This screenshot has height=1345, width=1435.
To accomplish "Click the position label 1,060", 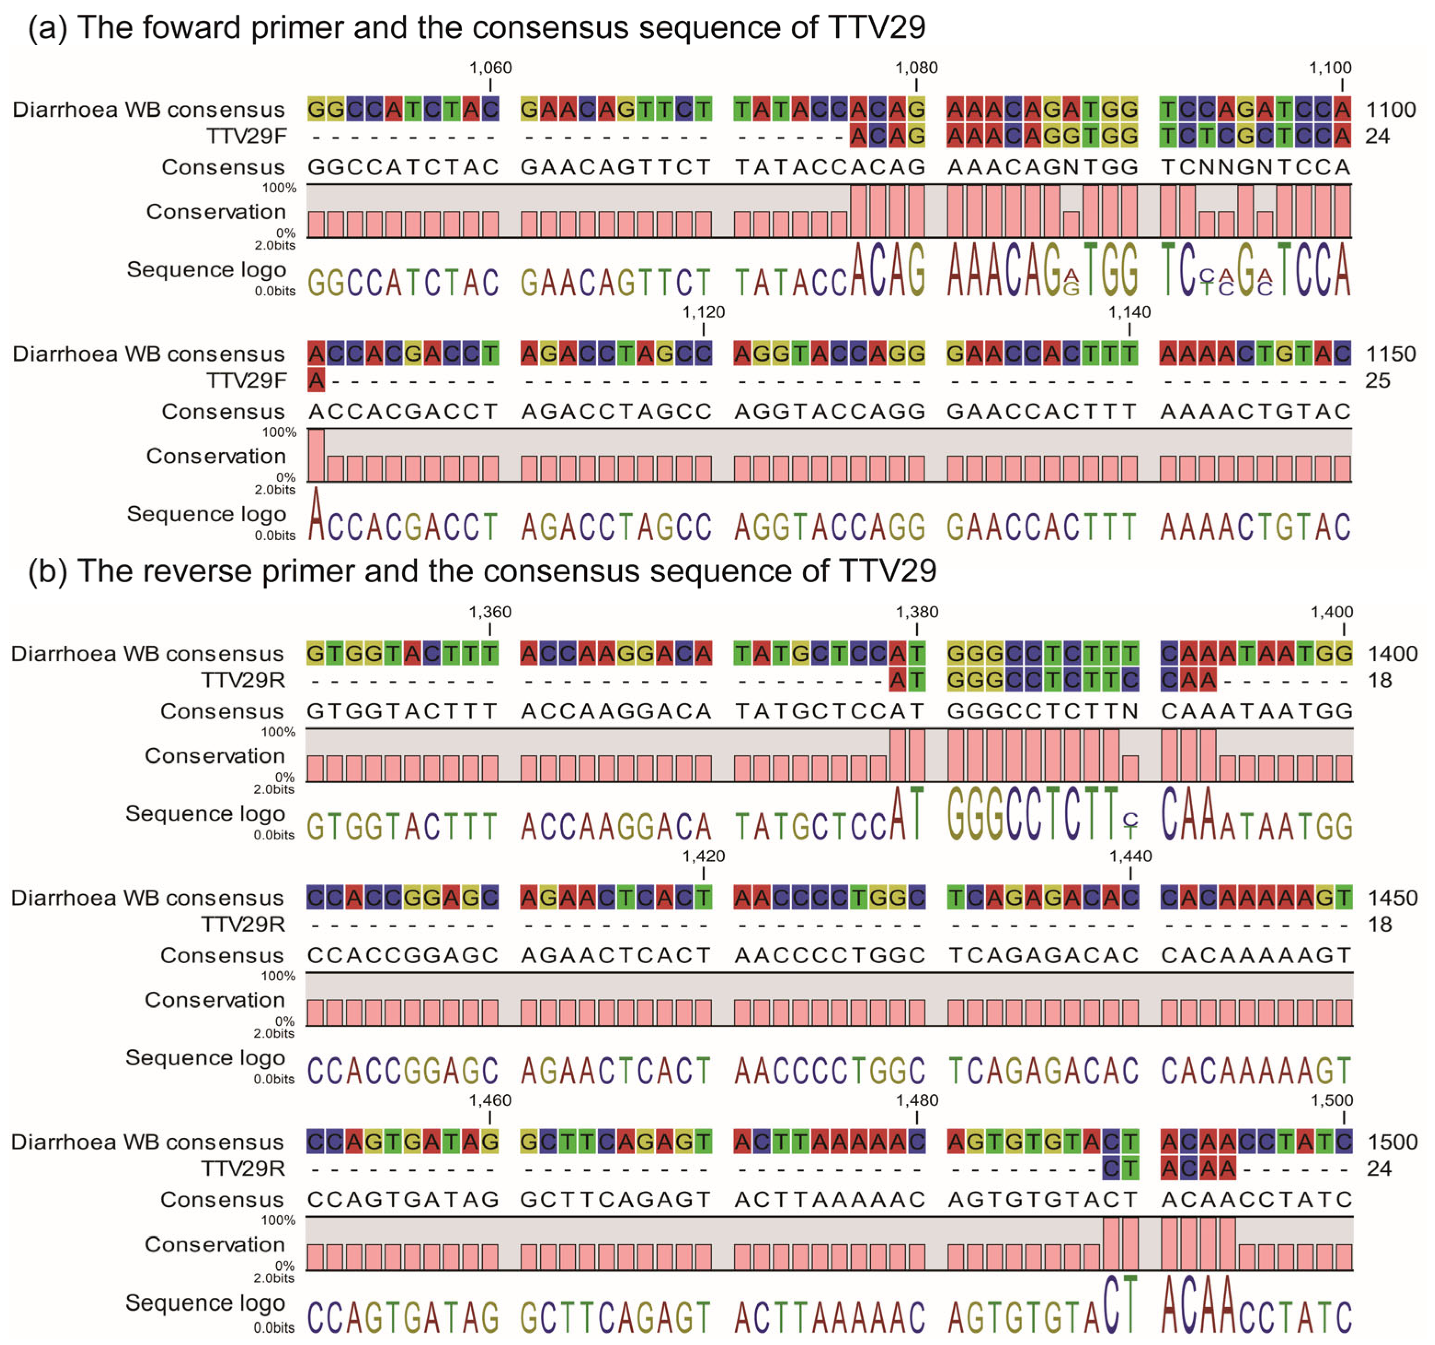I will click(x=490, y=68).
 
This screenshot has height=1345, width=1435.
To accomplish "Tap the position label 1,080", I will click(x=916, y=68).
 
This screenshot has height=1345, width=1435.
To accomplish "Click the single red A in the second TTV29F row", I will click(x=316, y=380).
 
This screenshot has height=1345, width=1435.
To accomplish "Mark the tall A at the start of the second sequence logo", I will click(x=316, y=516).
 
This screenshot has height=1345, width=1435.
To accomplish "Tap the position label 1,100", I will click(x=1330, y=68).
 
